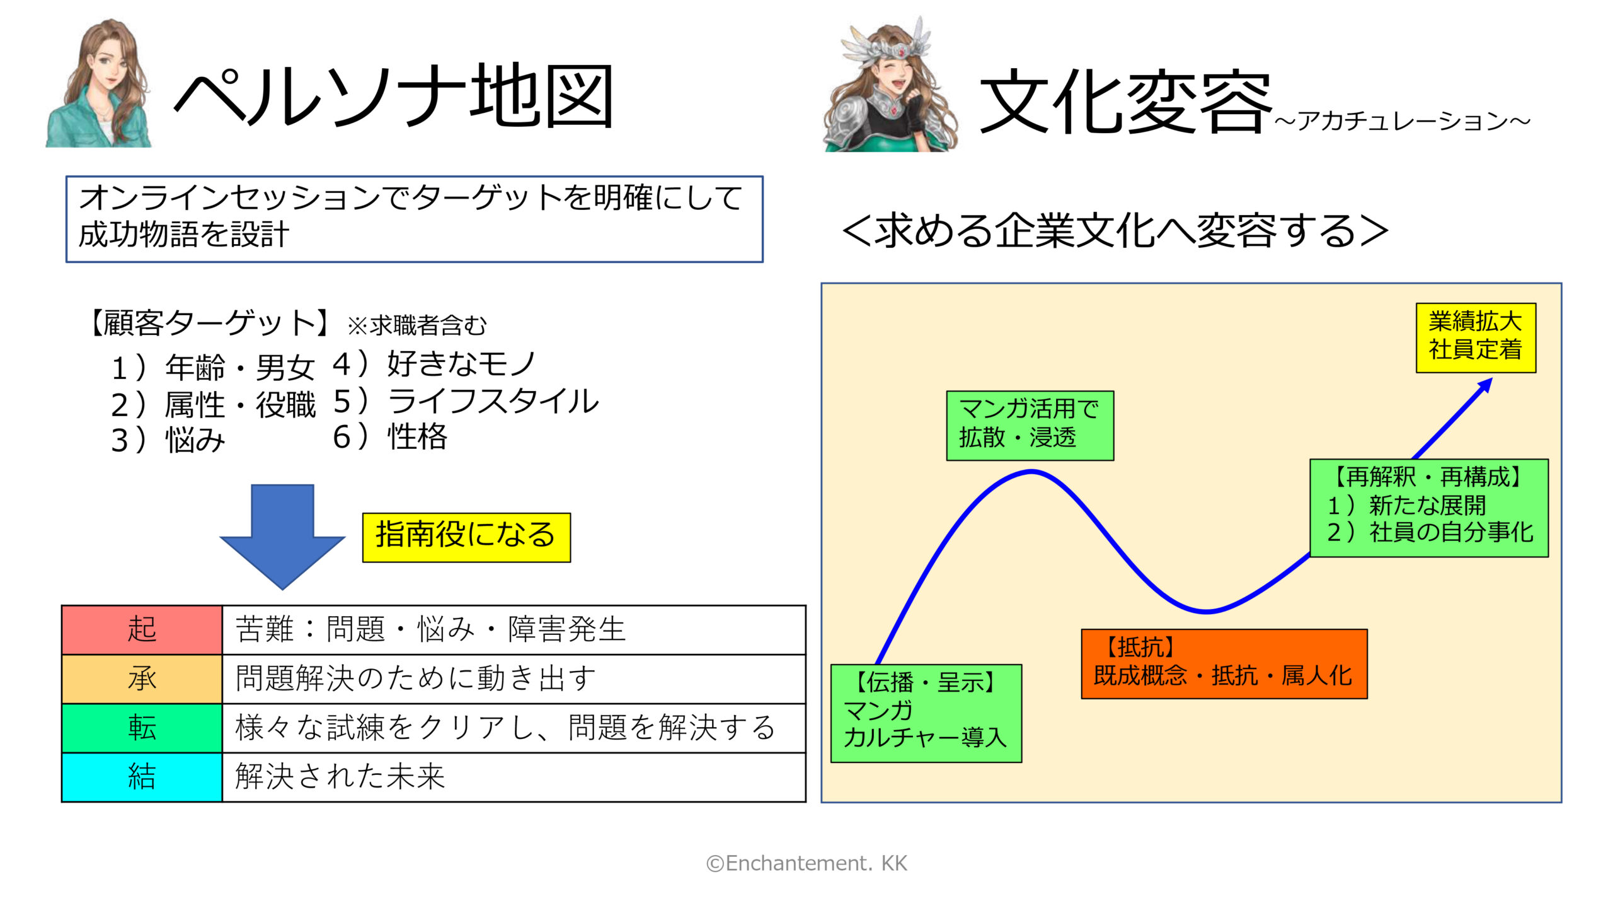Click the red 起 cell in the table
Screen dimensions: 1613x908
[x=142, y=629]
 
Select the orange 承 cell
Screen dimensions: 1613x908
[x=142, y=678]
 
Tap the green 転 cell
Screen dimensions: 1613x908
[x=142, y=728]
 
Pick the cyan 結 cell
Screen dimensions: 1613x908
[x=142, y=777]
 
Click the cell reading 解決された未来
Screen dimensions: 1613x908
[x=514, y=777]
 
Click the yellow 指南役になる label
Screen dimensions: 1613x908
[x=466, y=537]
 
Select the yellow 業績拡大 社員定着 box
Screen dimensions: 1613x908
[x=1476, y=337]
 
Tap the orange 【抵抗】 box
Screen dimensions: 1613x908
[x=1224, y=663]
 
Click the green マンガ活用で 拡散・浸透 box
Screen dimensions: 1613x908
[x=1030, y=426]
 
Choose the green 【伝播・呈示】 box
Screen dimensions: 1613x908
[x=926, y=713]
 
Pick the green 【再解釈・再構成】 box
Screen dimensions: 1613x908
[x=1429, y=508]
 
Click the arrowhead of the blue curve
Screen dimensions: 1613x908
[x=1487, y=383]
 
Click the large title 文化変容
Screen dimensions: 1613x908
[x=1125, y=102]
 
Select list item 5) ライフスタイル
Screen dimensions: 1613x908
[x=466, y=401]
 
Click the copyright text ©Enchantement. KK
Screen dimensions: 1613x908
[x=806, y=863]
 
